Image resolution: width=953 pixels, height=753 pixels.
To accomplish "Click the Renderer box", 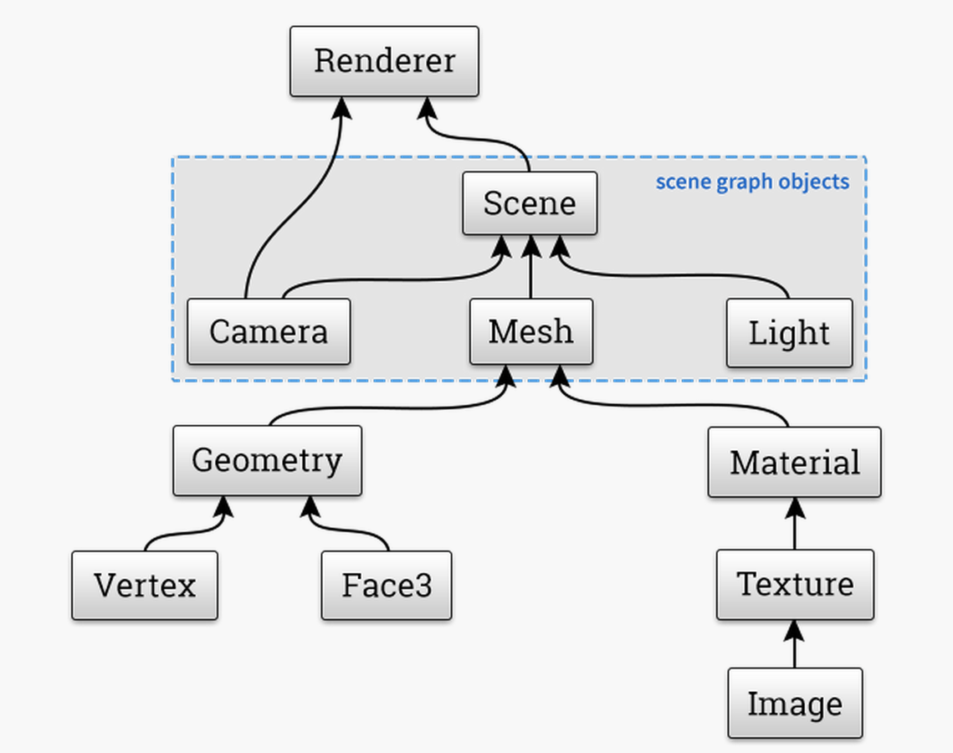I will click(x=384, y=61).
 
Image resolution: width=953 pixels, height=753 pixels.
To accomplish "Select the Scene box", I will click(x=530, y=203).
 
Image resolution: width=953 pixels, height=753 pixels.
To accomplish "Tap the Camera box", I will click(x=269, y=331).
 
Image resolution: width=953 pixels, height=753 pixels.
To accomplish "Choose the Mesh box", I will click(x=531, y=331).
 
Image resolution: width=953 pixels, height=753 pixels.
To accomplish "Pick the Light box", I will click(x=789, y=333).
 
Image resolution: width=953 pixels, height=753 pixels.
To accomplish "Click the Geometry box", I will click(x=267, y=460).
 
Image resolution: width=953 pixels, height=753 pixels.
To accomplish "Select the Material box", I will click(x=794, y=462).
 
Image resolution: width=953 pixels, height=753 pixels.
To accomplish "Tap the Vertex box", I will click(x=145, y=585).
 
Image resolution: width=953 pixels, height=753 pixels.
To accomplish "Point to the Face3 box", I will click(x=387, y=585).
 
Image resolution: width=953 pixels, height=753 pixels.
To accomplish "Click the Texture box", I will click(x=795, y=584).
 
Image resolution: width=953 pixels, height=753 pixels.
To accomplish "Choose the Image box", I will click(x=795, y=704).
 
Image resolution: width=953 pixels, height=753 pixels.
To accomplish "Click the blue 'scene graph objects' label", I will click(x=752, y=182).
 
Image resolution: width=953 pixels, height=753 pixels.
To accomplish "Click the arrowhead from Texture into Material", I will click(x=795, y=508).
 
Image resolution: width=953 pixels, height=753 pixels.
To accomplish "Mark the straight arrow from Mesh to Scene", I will click(x=531, y=268).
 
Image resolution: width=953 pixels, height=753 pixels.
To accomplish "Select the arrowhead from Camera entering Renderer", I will click(x=341, y=107).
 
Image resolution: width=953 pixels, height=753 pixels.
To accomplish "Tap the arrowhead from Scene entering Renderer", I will click(x=428, y=108).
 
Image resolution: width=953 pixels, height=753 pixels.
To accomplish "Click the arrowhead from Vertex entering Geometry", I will click(x=223, y=506).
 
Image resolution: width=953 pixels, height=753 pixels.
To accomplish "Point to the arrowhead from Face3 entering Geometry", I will click(x=310, y=506).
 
